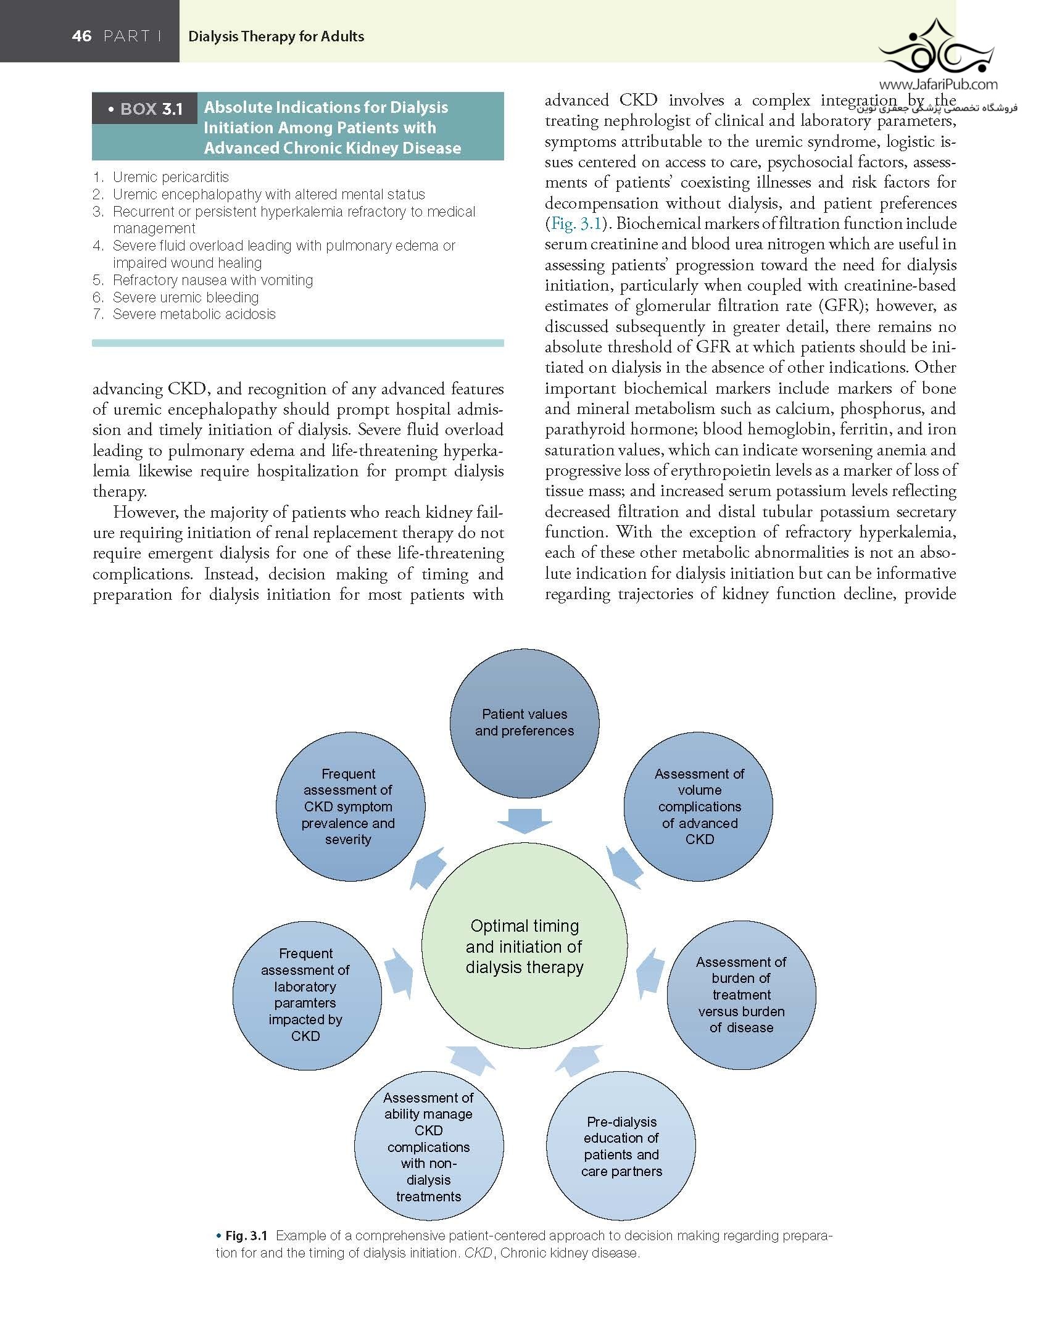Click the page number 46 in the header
pos(81,36)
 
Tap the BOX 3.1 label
pos(151,109)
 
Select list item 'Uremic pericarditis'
pos(170,177)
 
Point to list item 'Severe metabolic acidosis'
pos(194,314)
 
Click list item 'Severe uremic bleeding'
pos(185,297)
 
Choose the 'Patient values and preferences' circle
pos(524,723)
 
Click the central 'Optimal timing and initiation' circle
pos(524,946)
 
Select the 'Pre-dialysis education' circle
pos(621,1146)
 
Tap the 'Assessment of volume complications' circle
pos(699,806)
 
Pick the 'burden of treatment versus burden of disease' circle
pos(741,995)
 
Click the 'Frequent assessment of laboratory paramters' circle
pos(306,995)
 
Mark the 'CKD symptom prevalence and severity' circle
pos(349,806)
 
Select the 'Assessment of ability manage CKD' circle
pos(429,1146)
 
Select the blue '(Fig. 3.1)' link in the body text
pos(574,223)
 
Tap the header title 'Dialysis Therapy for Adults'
pos(276,36)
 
